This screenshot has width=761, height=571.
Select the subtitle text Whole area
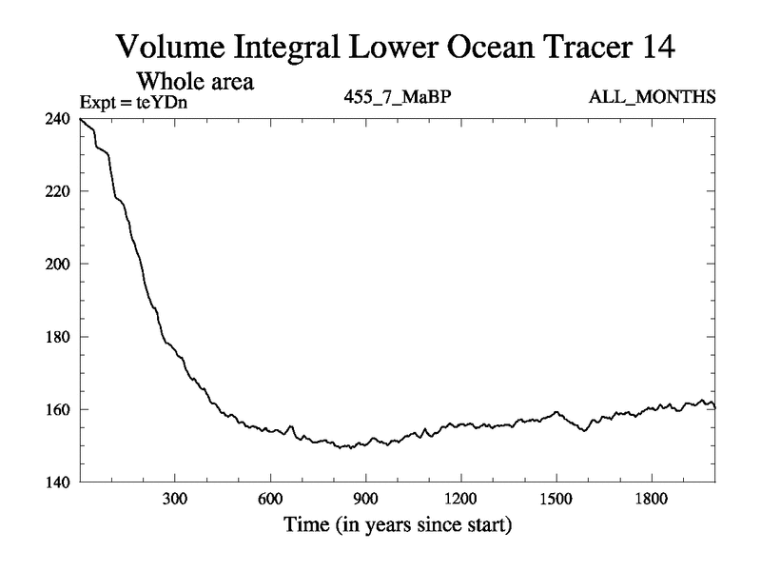click(198, 82)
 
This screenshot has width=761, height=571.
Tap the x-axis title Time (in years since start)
click(398, 524)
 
